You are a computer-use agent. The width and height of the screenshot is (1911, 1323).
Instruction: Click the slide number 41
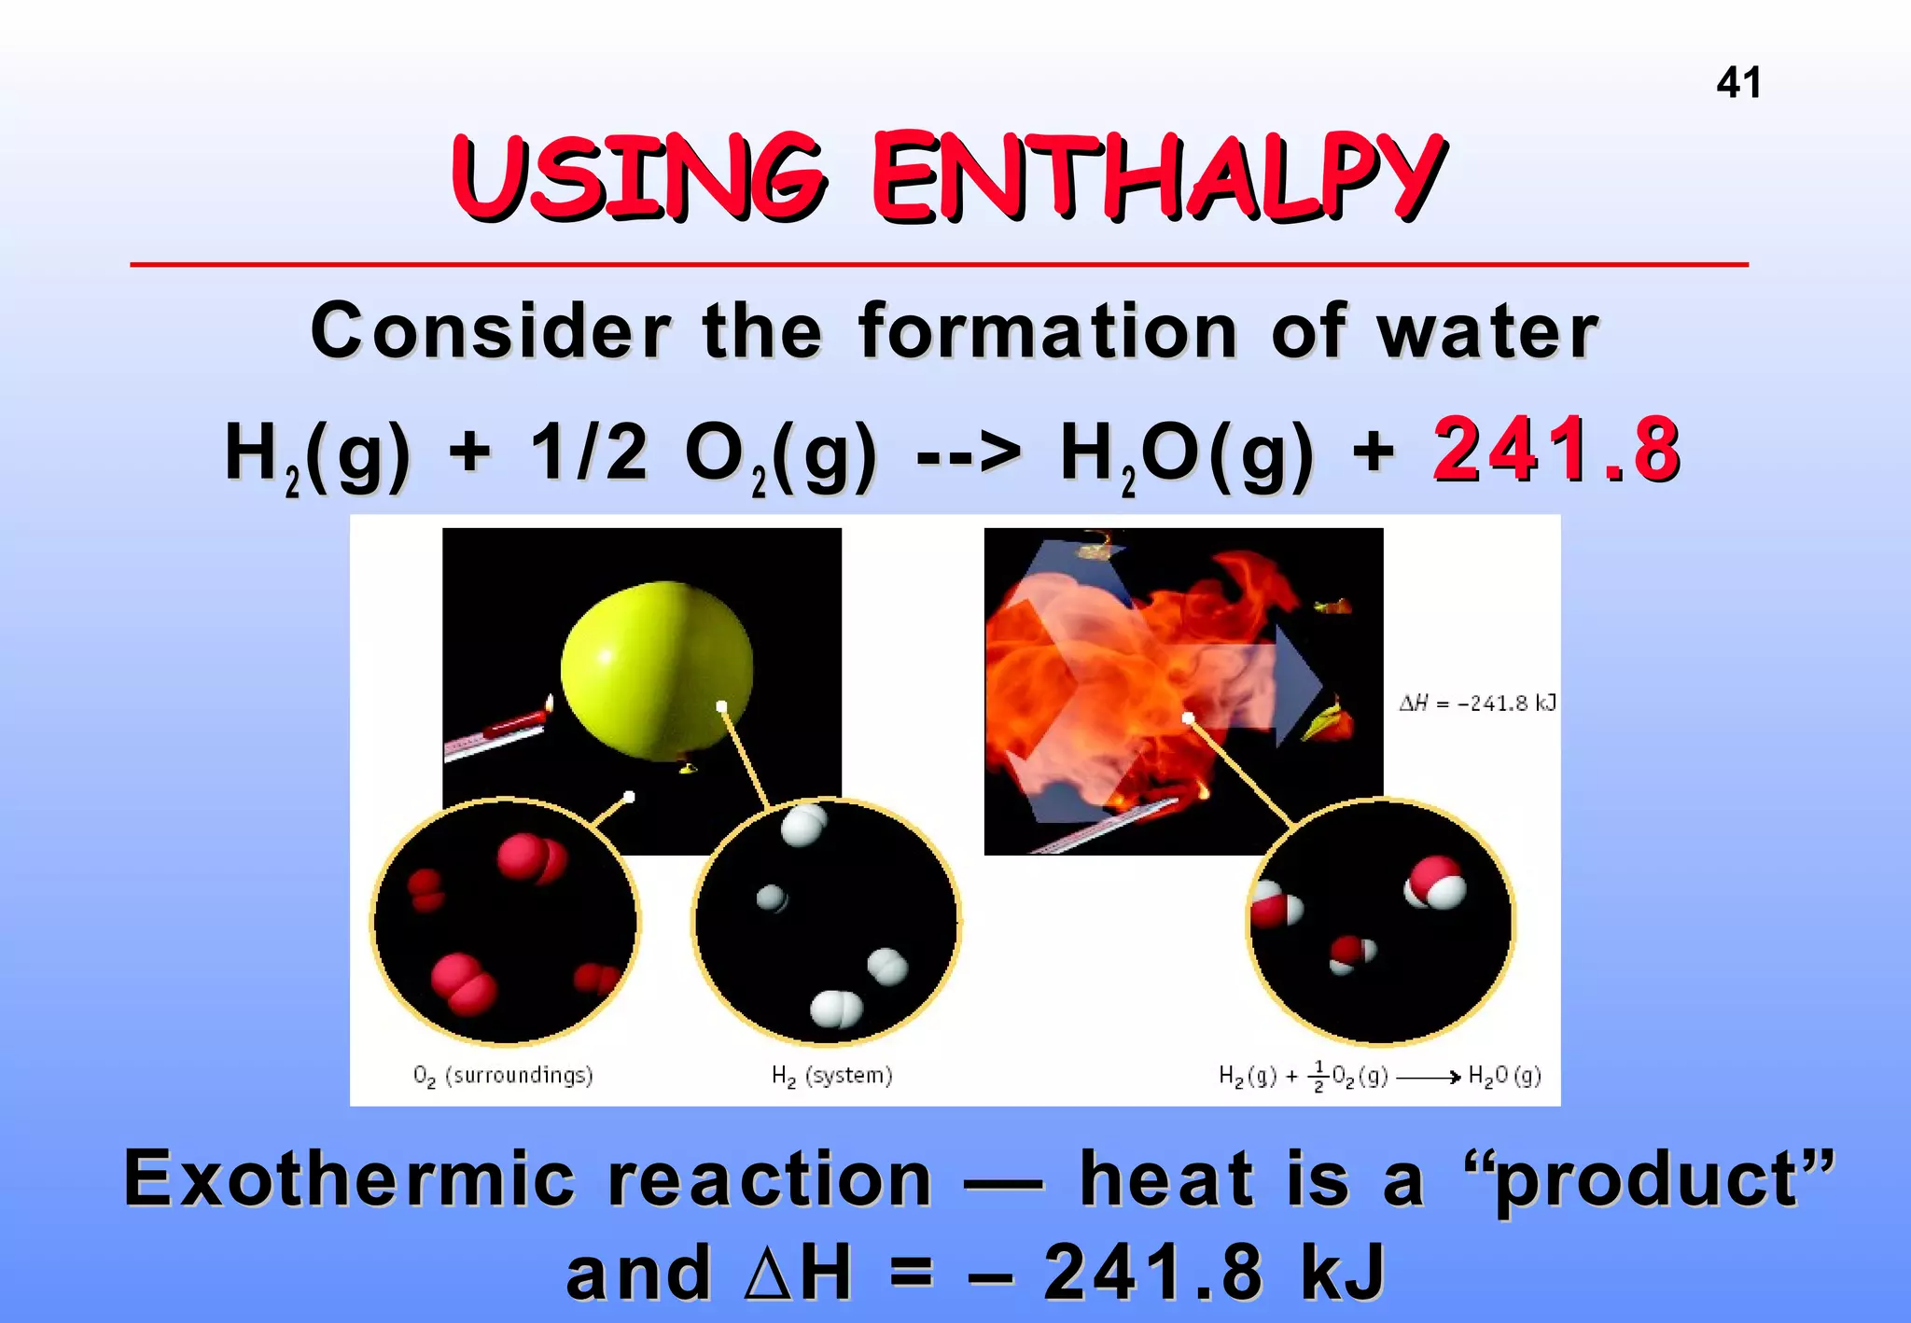tap(1738, 83)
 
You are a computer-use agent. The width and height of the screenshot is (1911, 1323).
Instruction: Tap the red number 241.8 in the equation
tap(1556, 452)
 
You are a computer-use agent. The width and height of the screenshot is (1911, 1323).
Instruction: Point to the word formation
tap(1048, 332)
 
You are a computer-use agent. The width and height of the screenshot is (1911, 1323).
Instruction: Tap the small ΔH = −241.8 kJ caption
tap(1477, 703)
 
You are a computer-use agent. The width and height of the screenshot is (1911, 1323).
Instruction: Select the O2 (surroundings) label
tap(503, 1076)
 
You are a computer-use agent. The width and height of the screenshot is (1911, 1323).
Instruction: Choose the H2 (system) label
tap(831, 1076)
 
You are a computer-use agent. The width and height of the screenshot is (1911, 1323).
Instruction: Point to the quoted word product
tap(1648, 1179)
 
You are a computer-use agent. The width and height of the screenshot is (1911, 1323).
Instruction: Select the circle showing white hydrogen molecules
tap(827, 921)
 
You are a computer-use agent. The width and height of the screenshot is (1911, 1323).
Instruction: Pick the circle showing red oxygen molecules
tap(505, 921)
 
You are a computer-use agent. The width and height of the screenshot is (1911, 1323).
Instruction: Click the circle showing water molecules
tap(1381, 921)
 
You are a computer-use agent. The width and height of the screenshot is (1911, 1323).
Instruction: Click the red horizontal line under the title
tap(938, 265)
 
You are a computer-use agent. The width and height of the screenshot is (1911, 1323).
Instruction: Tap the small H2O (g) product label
tap(1504, 1077)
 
